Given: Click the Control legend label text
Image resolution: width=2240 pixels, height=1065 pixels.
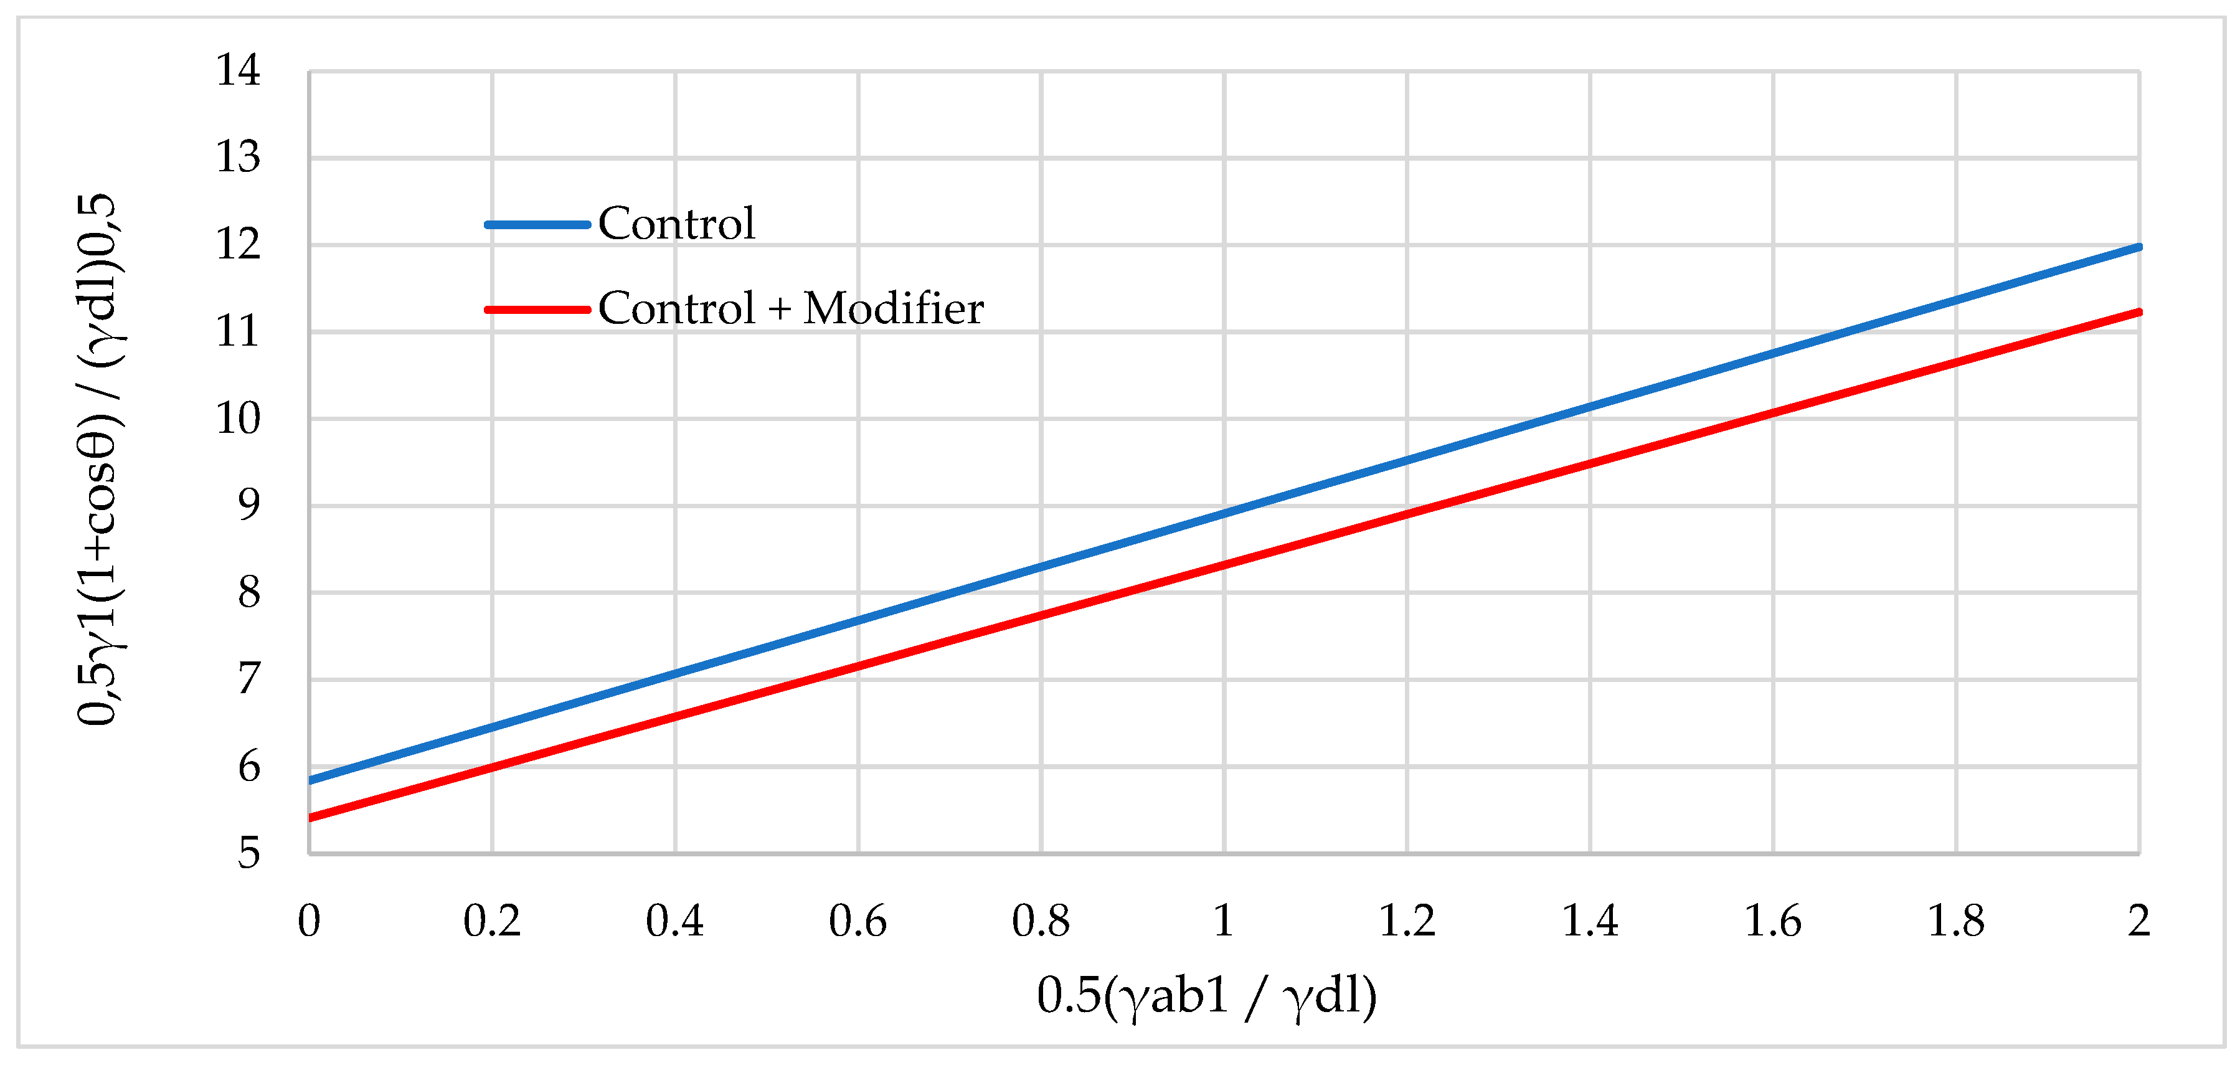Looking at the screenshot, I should pos(676,224).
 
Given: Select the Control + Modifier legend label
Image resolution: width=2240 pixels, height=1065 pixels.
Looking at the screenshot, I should pos(790,309).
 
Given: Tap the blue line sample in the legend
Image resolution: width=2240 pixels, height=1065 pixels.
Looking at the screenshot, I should pos(537,224).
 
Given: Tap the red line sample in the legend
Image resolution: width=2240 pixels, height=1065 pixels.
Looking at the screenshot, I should pos(537,310).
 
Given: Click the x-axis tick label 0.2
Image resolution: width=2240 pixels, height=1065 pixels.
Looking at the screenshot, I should pos(491,921).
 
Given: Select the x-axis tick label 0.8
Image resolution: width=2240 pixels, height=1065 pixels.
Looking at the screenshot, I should pos(1040,921).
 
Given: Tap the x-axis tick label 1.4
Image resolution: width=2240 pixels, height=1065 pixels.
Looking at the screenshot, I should pos(1590,921).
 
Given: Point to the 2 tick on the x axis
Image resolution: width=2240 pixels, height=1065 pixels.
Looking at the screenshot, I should pos(2138,921).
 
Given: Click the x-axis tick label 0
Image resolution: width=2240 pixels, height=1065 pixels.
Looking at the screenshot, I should pos(309,921).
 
